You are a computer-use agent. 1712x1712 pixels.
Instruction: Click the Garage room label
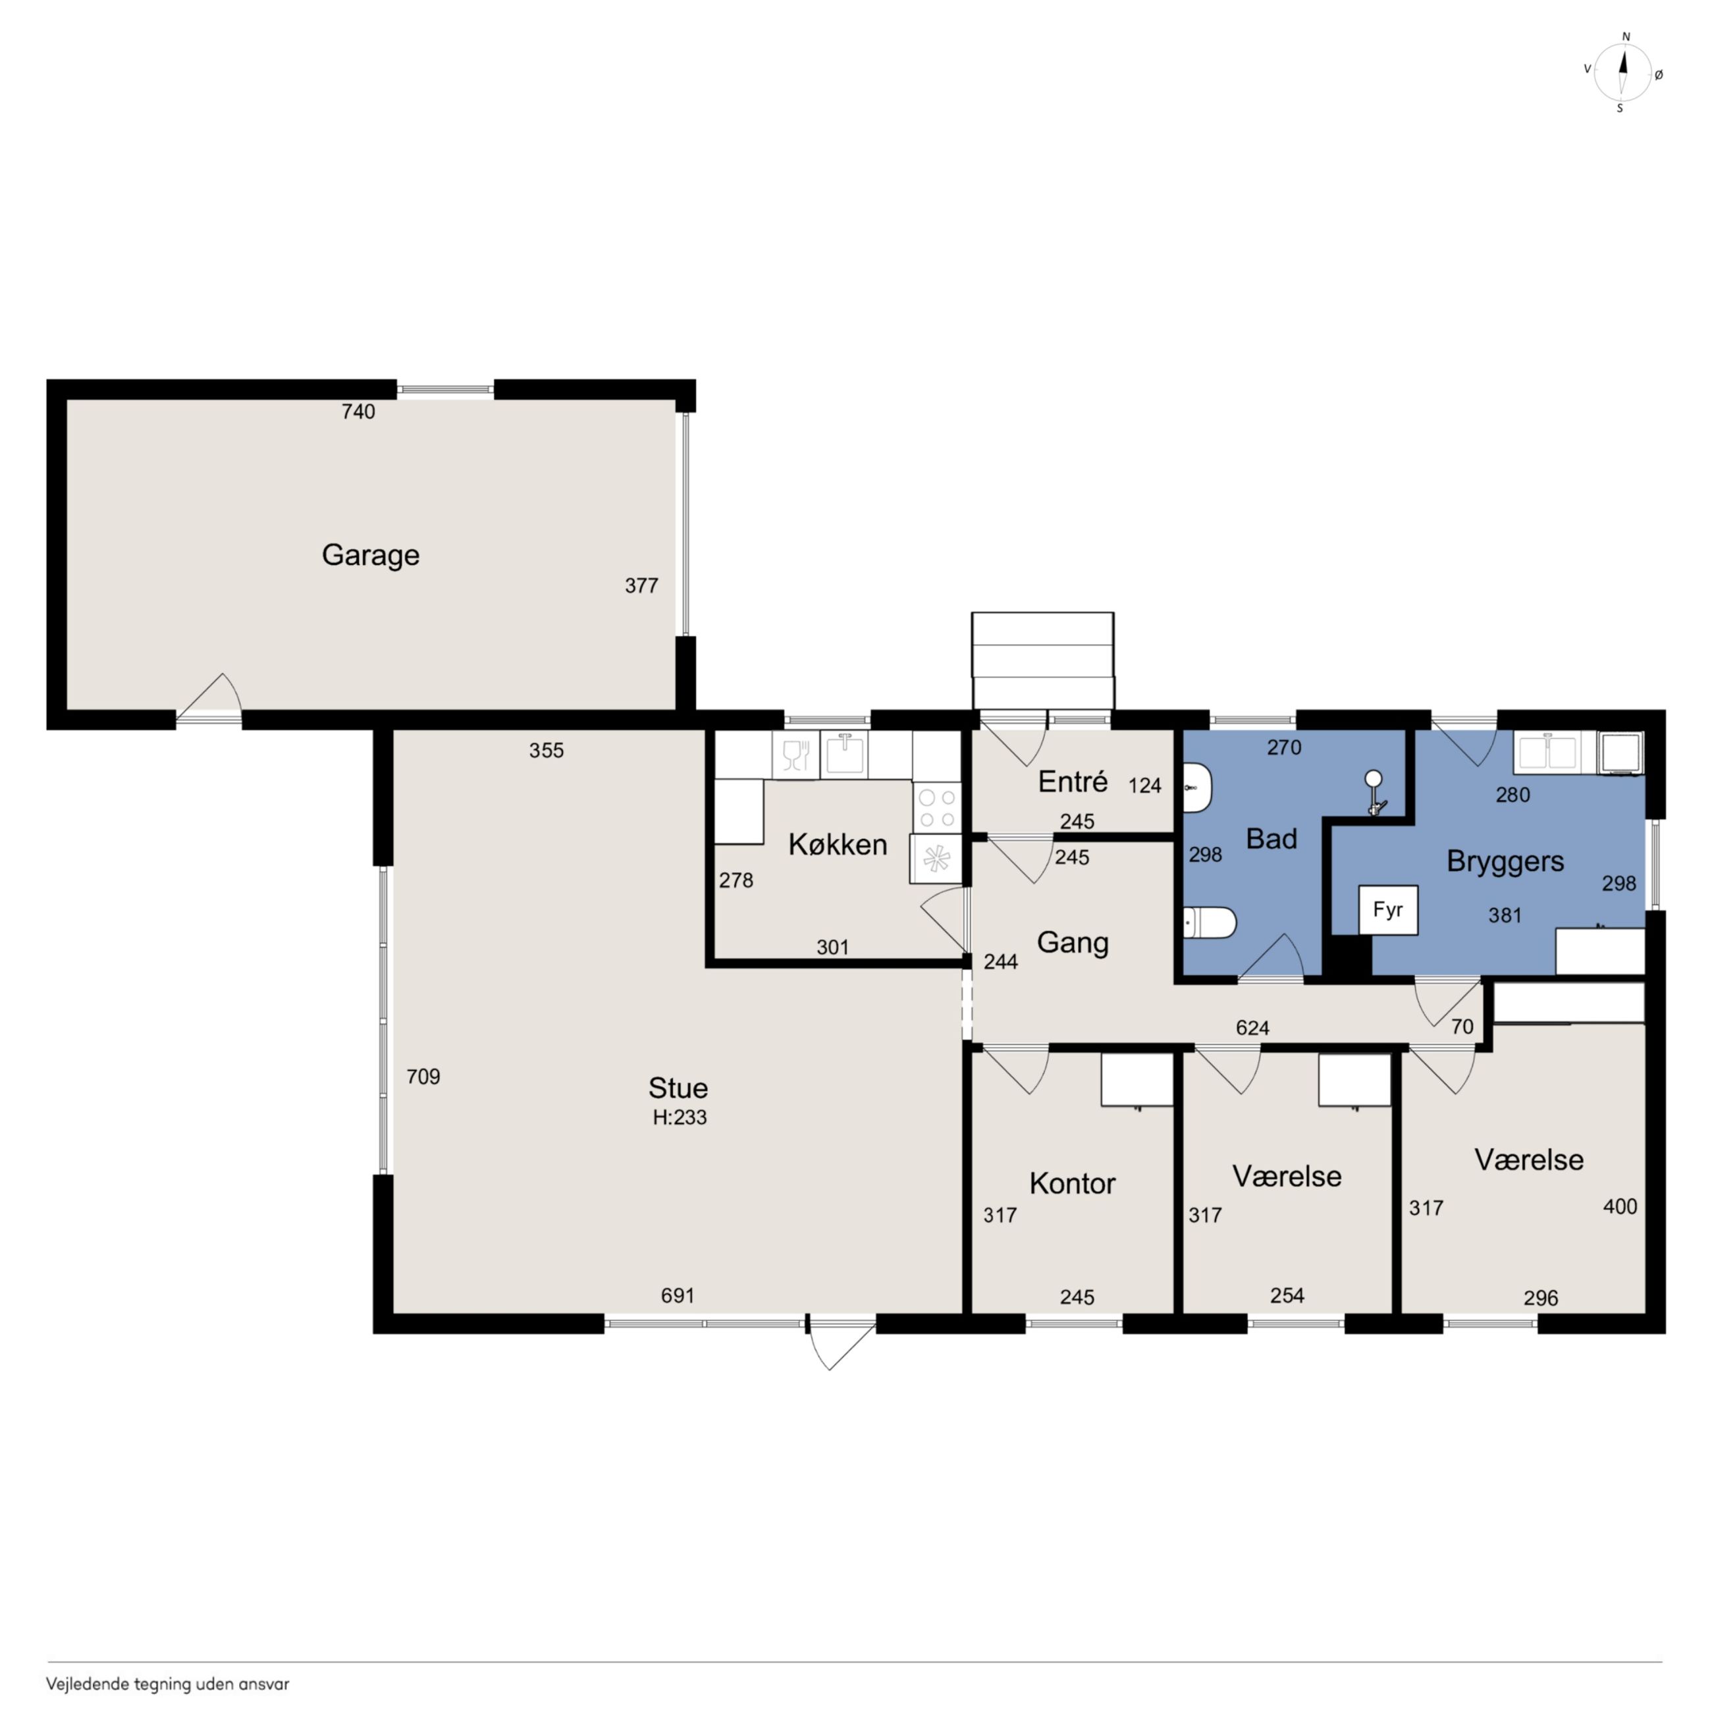371,556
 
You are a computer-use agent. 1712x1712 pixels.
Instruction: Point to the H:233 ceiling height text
680,1117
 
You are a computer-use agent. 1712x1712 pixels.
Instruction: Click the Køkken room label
838,845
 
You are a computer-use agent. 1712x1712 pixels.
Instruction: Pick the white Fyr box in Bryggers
1387,909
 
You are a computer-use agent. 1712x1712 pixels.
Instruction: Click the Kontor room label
1072,1183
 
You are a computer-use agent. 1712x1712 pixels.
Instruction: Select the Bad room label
1271,838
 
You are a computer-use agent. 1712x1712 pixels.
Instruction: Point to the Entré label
1073,782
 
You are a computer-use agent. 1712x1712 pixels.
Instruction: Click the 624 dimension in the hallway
1252,1028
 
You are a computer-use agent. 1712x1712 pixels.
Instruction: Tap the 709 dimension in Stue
423,1077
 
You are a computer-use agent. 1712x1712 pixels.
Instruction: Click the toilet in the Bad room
1210,923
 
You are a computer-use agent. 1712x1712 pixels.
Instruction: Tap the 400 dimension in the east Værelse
1620,1206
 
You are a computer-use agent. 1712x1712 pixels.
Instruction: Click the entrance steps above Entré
1043,661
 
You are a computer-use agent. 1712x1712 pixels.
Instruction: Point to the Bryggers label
1505,861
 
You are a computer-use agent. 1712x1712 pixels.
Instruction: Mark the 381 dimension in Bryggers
1505,915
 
